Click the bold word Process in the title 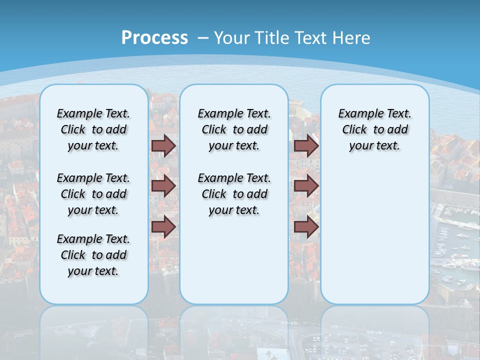pos(154,37)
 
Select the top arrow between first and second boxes pos(163,145)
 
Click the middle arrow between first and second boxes pos(163,186)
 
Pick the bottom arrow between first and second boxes pos(163,226)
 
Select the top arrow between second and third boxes pos(306,145)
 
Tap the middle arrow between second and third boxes pos(306,186)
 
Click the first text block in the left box pos(93,129)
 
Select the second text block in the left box pos(93,194)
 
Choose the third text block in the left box pos(93,255)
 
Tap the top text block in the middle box pos(234,129)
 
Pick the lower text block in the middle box pos(234,194)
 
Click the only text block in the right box pos(374,129)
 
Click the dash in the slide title pos(203,37)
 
